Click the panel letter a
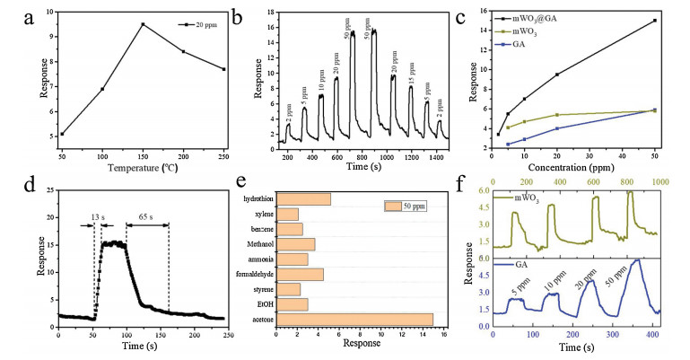12,16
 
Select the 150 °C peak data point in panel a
143,24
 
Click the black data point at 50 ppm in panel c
654,21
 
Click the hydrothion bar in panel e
304,199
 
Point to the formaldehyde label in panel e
253,274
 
